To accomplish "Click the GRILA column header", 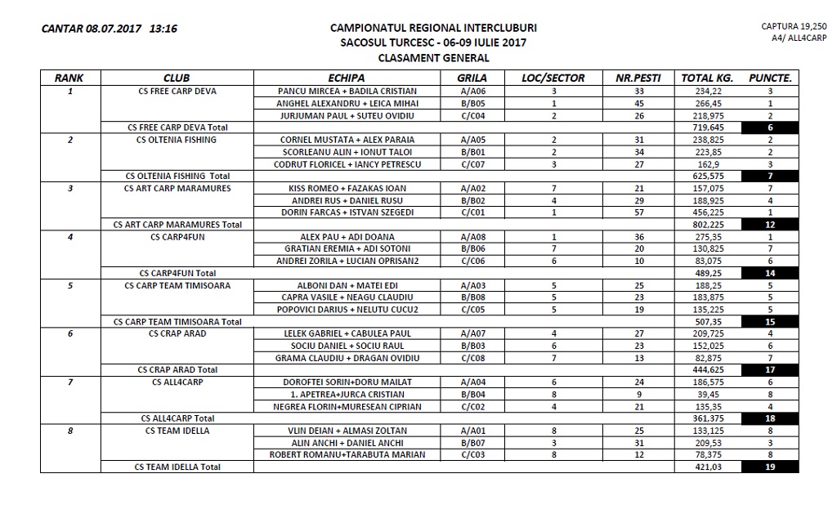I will click(472, 78).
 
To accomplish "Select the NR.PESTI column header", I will click(638, 78).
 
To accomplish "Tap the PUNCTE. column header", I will click(769, 78).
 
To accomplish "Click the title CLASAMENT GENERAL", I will click(433, 58).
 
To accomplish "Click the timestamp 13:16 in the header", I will click(163, 29).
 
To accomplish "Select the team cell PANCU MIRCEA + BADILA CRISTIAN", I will click(347, 92).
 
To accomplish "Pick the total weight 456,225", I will click(701, 212).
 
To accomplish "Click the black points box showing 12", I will click(770, 225).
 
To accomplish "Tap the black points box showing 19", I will click(770, 467).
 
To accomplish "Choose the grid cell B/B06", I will click(472, 248).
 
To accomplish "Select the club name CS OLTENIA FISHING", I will click(177, 140).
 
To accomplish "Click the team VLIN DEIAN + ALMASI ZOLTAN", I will click(347, 431).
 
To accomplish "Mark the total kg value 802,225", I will click(701, 225).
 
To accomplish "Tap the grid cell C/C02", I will click(472, 406).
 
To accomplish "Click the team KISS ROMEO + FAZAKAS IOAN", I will click(347, 188).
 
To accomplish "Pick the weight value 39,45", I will click(701, 394).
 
